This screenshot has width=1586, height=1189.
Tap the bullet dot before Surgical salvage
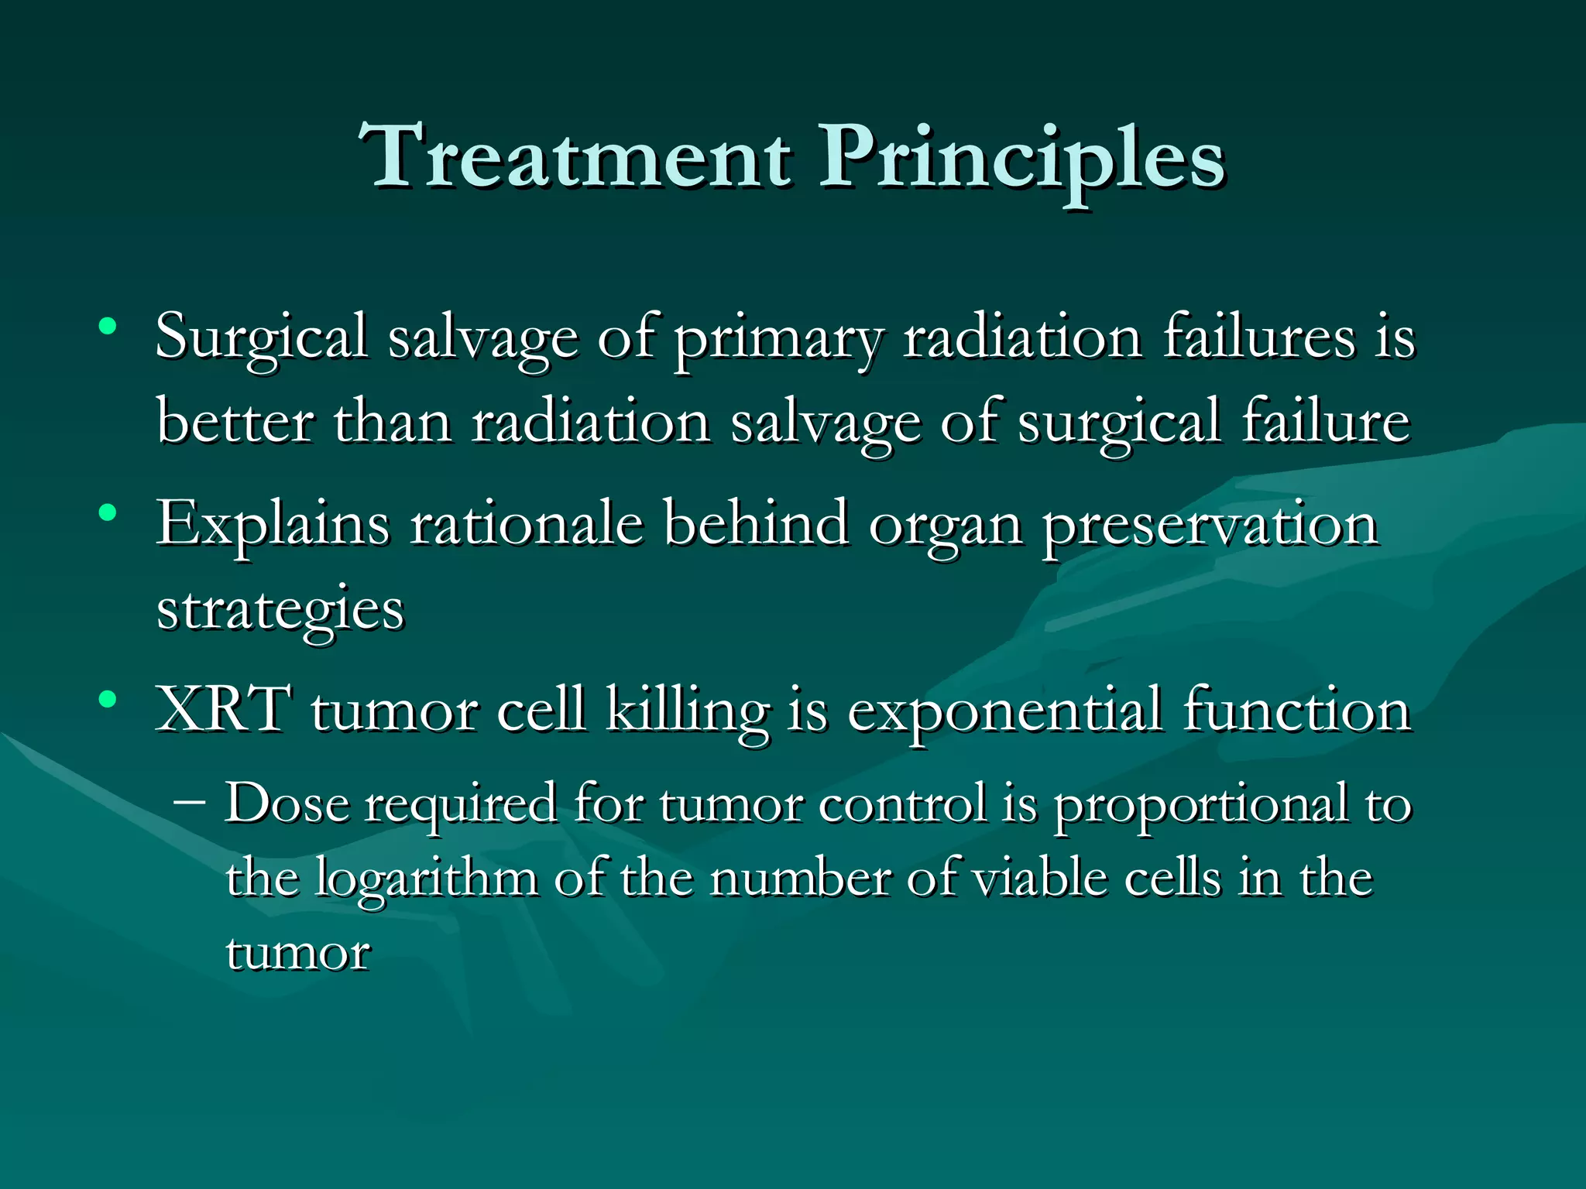point(108,326)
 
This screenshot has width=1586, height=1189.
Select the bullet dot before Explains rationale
point(108,512)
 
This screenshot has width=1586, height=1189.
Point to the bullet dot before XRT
point(108,700)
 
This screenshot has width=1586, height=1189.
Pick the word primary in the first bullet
point(778,341)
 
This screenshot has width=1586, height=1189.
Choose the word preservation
point(1210,526)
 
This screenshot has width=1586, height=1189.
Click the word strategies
point(280,612)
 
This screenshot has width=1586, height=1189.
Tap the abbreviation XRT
point(223,709)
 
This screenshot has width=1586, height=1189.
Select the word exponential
point(1004,712)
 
